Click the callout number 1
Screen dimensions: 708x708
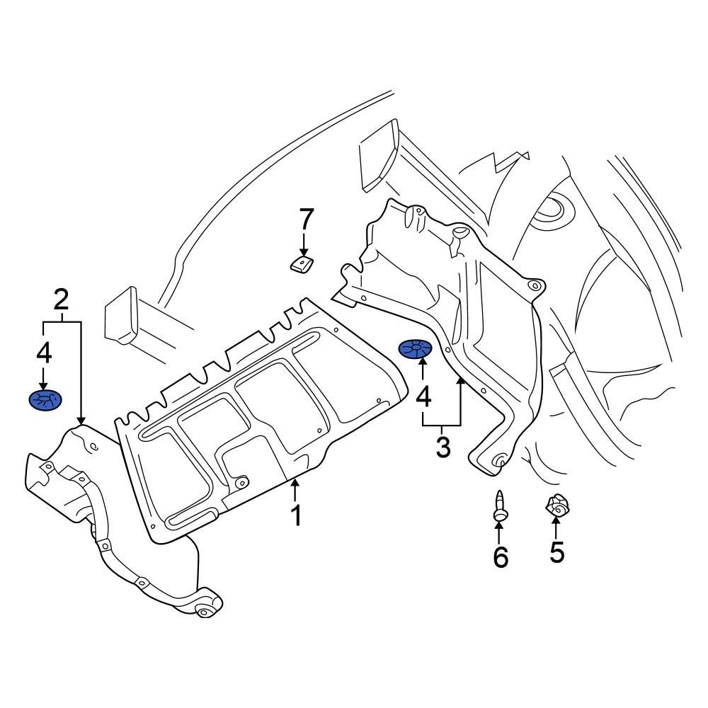(296, 515)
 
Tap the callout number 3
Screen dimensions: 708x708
(443, 447)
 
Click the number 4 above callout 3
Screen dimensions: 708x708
(423, 397)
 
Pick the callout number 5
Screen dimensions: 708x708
(556, 552)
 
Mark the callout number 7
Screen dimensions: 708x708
(306, 219)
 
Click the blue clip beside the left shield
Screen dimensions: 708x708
(45, 399)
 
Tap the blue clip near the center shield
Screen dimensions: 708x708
(415, 350)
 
